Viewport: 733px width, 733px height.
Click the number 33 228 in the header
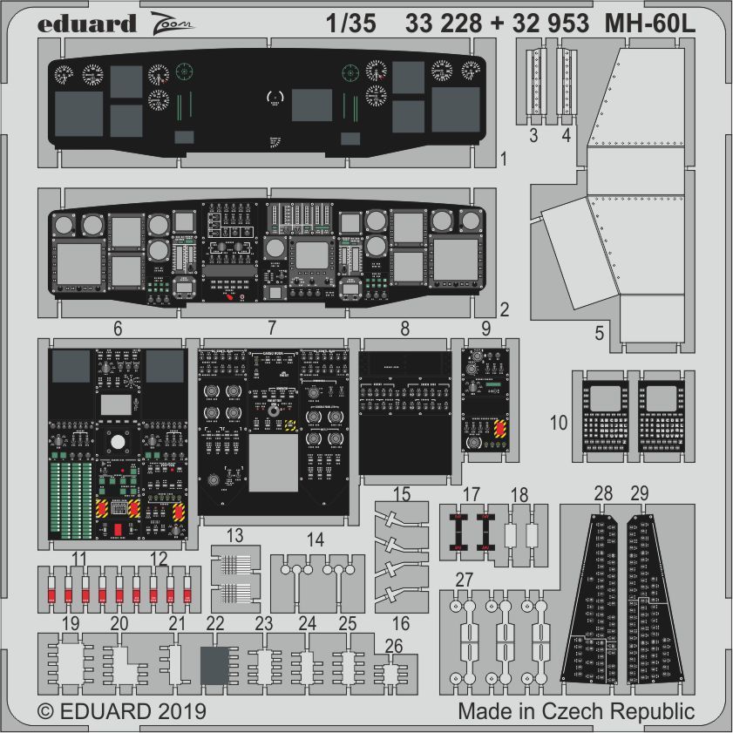(442, 24)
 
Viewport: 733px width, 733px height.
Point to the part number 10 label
(560, 424)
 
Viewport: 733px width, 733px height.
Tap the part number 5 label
(599, 332)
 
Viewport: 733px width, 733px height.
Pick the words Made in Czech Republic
(576, 711)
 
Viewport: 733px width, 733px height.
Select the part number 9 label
(485, 329)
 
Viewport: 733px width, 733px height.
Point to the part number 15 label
(401, 494)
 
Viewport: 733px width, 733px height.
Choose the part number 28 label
(602, 494)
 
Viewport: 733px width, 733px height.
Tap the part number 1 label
(503, 159)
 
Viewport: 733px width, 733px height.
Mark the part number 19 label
(71, 623)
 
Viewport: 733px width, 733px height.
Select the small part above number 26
(391, 673)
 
